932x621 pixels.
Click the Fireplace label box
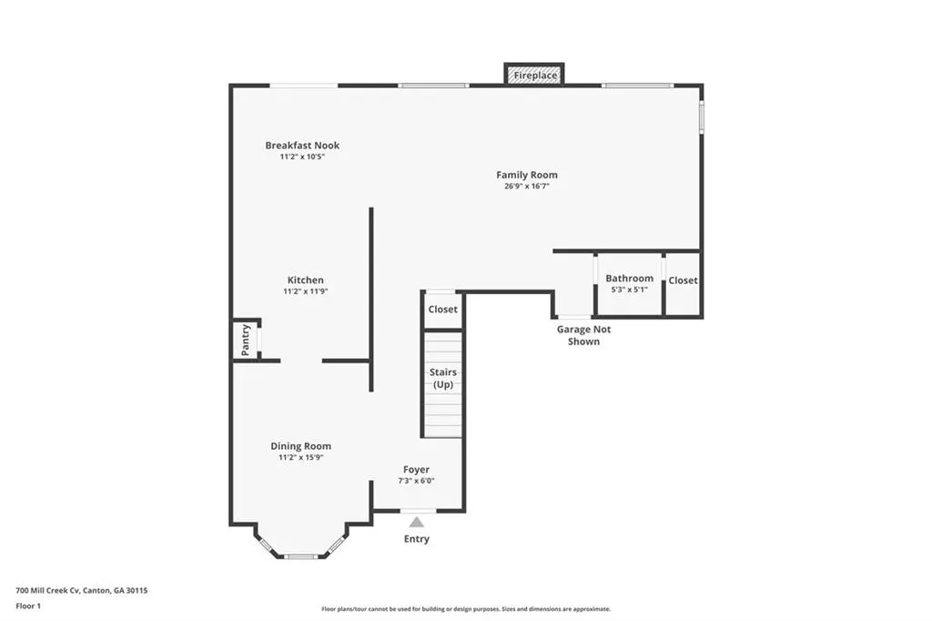point(535,75)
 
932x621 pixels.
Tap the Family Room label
point(527,175)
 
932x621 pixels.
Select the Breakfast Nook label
point(302,146)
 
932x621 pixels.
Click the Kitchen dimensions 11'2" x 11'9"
point(305,291)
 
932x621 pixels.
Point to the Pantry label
point(245,340)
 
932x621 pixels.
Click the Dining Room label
point(300,446)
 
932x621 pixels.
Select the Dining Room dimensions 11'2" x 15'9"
point(300,458)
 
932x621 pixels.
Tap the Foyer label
point(417,470)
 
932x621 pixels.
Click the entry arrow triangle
point(417,522)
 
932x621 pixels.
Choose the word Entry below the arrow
point(417,539)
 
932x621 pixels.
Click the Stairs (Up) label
point(443,378)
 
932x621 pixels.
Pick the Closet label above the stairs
point(443,310)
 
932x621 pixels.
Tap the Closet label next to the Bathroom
point(683,280)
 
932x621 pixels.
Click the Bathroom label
point(629,279)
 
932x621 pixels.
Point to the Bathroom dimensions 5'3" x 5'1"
point(629,290)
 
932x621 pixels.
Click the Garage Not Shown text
point(584,335)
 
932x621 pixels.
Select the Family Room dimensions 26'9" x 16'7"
point(527,186)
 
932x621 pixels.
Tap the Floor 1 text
point(28,606)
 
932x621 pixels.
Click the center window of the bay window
point(300,555)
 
